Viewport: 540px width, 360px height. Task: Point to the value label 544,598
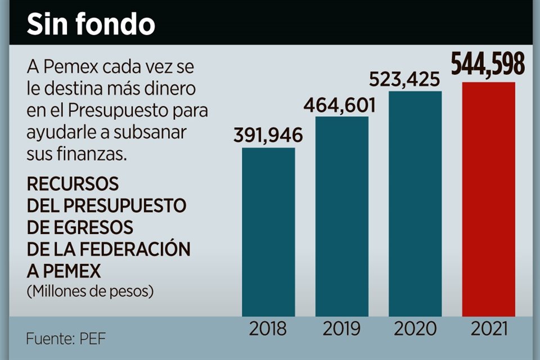tap(488, 65)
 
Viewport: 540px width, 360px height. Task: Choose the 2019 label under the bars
tap(341, 328)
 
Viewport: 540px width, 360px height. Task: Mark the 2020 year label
tap(415, 328)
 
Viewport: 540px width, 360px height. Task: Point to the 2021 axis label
tap(488, 328)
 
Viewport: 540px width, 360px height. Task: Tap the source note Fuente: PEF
tap(66, 339)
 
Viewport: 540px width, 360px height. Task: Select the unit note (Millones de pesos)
tap(90, 291)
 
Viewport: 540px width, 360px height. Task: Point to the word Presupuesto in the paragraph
tap(121, 111)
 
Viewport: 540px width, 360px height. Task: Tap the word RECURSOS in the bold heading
tap(73, 184)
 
